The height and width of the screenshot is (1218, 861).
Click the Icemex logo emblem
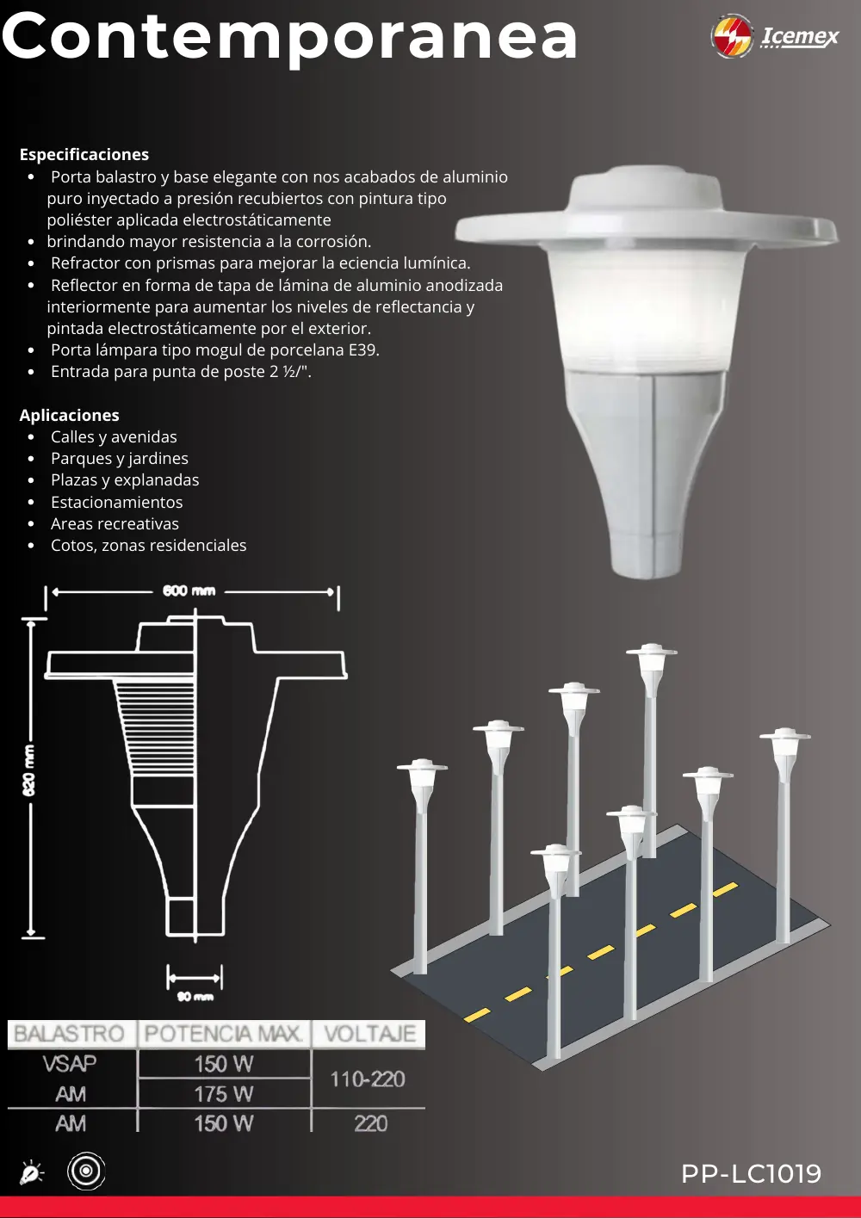[732, 36]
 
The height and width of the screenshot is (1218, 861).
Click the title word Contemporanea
[290, 38]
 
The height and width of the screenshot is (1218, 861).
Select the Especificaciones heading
[84, 154]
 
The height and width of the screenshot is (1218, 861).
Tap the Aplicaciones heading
[69, 415]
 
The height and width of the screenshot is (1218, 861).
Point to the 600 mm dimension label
[189, 590]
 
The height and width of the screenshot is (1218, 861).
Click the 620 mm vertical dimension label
[28, 770]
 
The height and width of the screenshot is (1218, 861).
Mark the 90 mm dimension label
[195, 996]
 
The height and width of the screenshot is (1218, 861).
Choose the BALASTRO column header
[69, 1034]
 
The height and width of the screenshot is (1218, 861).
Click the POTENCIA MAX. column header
[223, 1034]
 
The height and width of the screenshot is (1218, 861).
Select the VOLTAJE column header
[370, 1034]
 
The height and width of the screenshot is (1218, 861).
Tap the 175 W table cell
[224, 1094]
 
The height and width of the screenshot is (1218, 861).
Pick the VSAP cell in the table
[70, 1064]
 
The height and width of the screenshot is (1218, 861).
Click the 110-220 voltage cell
[368, 1079]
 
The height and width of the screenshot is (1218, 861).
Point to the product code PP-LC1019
[751, 1173]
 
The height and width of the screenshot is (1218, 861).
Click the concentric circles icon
[86, 1171]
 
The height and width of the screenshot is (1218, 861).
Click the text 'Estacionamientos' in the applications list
[117, 502]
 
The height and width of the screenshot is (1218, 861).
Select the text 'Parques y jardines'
[120, 459]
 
